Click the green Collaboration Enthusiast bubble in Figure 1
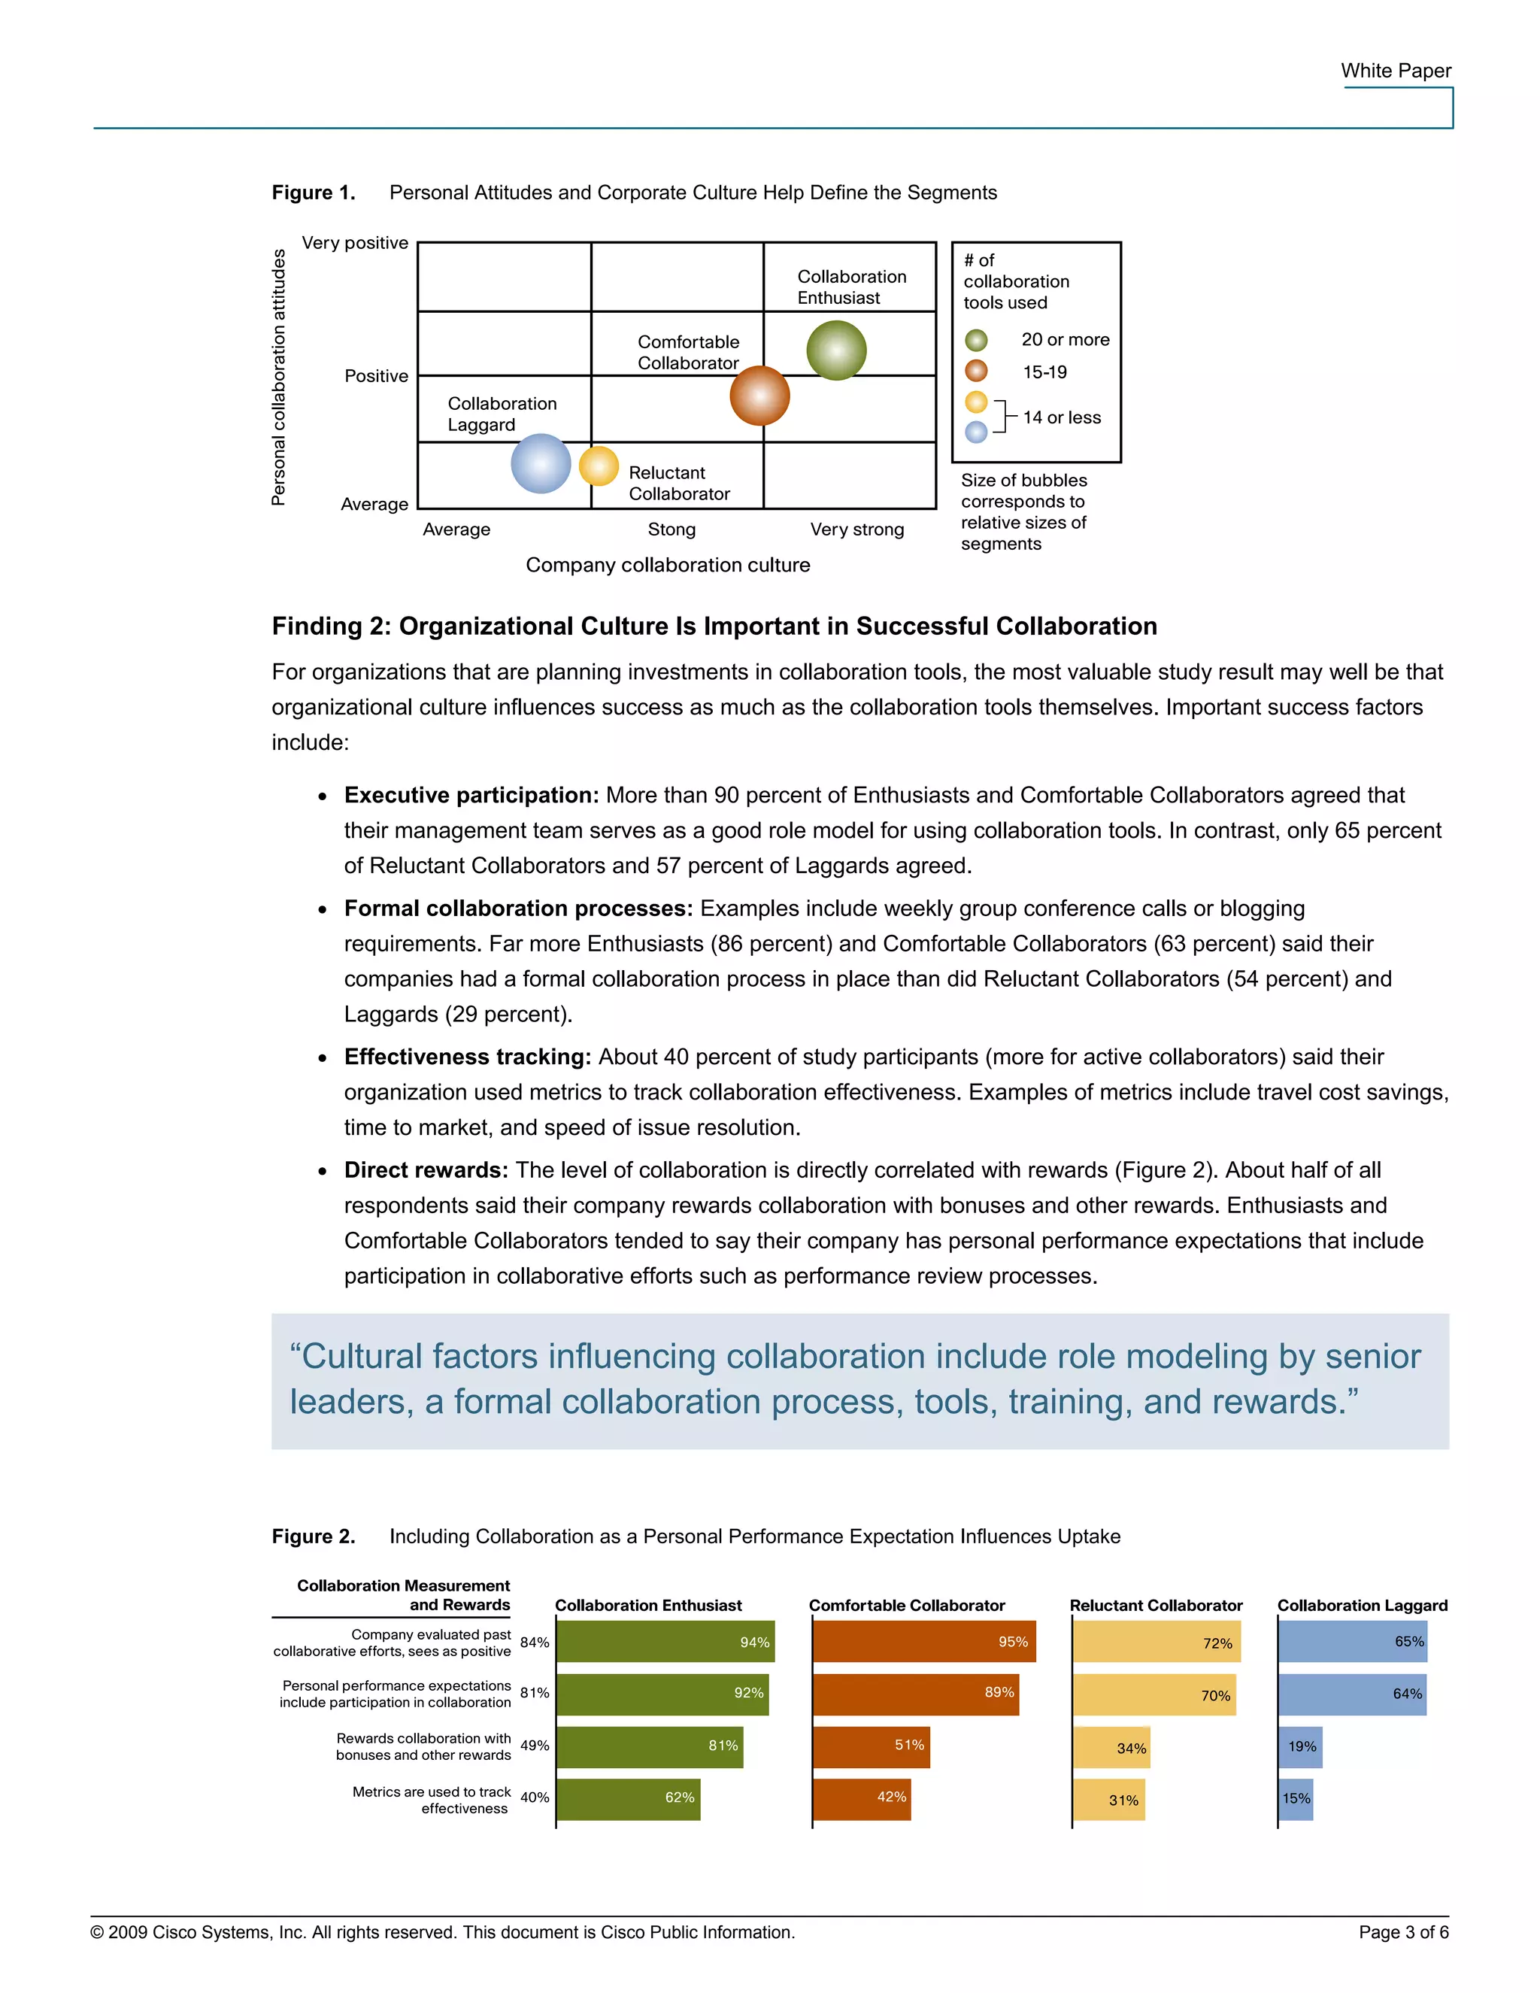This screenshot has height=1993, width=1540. click(835, 350)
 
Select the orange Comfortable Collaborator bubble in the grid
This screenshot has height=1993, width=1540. click(759, 396)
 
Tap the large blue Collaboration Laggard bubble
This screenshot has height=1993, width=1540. click(541, 463)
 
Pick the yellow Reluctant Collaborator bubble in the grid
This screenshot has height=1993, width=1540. click(599, 466)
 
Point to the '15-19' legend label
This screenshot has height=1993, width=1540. click(1044, 372)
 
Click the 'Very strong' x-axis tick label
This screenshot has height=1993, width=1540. click(856, 530)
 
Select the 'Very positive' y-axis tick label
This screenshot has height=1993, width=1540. click(355, 244)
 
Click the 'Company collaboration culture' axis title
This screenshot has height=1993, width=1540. click(668, 566)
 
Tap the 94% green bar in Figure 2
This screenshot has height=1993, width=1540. click(665, 1642)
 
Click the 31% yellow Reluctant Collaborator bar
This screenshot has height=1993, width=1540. click(1108, 1800)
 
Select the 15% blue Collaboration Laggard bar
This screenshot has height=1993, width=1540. click(1296, 1799)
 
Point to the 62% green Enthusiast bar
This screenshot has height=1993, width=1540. click(628, 1799)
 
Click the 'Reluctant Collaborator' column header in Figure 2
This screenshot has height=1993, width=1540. click(1155, 1605)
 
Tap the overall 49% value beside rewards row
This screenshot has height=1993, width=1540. click(535, 1746)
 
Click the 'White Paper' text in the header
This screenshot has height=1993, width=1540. click(1395, 71)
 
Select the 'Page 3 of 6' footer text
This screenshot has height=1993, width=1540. click(1403, 1932)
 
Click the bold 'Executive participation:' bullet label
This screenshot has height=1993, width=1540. click(471, 796)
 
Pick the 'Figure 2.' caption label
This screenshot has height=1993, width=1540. click(313, 1536)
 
